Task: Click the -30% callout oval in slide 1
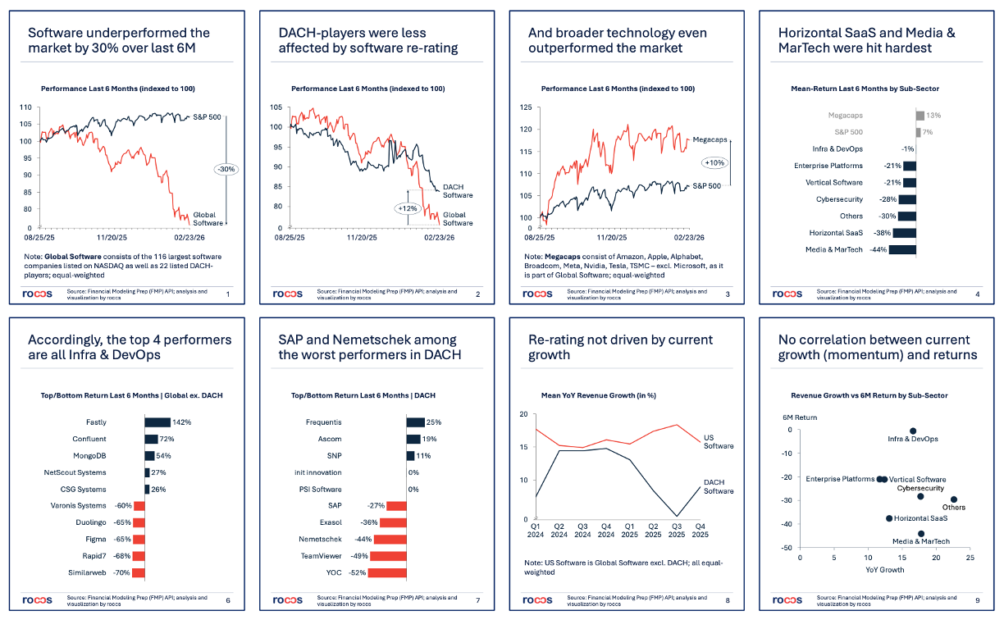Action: tap(226, 170)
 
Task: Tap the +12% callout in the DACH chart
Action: tap(408, 208)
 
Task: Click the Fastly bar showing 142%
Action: tap(157, 422)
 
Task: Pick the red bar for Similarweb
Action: tap(139, 573)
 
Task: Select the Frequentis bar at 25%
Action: tap(415, 422)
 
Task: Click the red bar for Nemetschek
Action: tap(390, 540)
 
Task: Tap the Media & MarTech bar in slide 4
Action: tap(902, 250)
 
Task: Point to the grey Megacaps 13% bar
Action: tap(920, 116)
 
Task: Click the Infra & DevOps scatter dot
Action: tap(913, 431)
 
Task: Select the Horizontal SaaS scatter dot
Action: tap(889, 518)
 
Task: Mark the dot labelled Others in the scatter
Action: tap(954, 499)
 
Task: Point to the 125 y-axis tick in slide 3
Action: tap(527, 107)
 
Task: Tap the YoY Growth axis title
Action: tap(885, 569)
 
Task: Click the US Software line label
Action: tap(719, 441)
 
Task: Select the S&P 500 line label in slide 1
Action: tap(207, 117)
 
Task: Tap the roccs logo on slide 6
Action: tap(37, 600)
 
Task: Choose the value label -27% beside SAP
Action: tap(376, 506)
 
